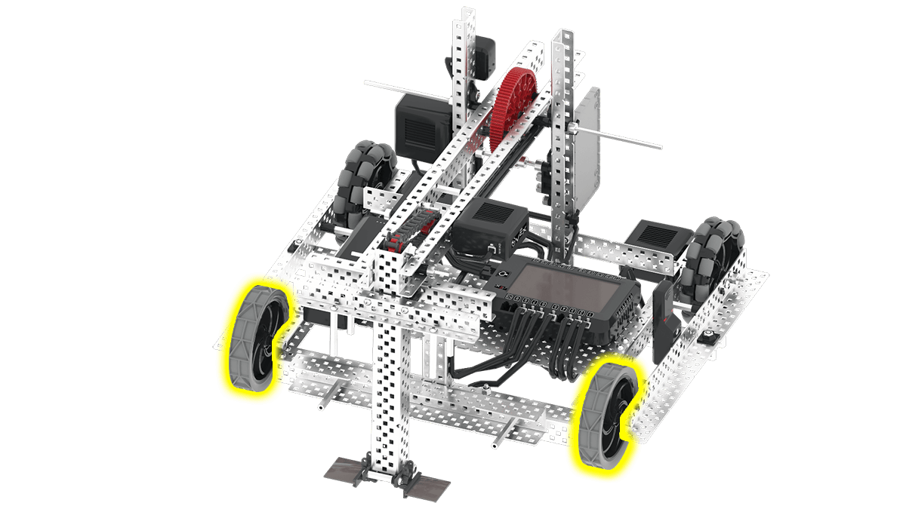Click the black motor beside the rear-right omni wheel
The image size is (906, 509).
pyautogui.click(x=658, y=239)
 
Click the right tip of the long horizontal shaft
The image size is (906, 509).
pyautogui.click(x=658, y=147)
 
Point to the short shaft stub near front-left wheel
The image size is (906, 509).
pyautogui.click(x=323, y=403)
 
